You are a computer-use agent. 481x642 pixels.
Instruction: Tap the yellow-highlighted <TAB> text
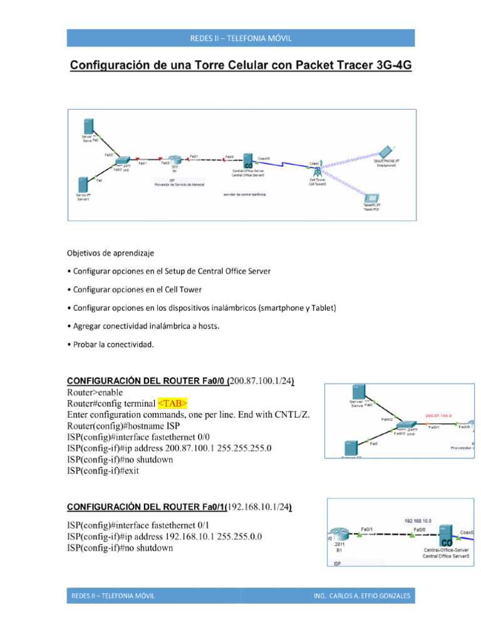[x=172, y=403]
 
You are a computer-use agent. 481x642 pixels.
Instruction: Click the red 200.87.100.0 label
[x=438, y=415]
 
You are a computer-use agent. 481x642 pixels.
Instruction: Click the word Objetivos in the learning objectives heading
[x=85, y=253]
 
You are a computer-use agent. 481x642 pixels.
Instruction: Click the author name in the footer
[x=362, y=596]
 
